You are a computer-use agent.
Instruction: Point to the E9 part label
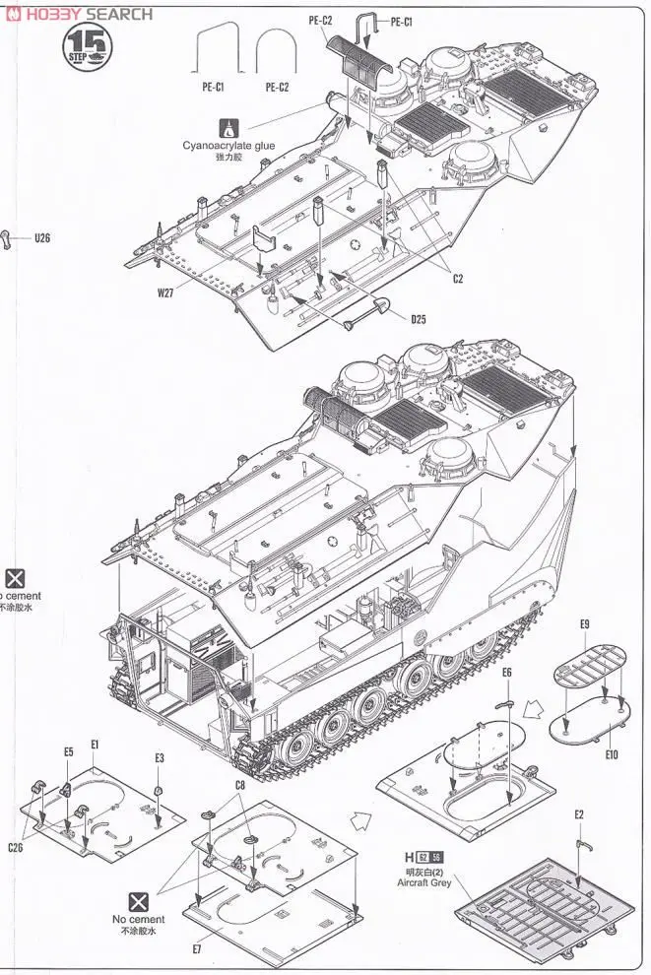click(584, 624)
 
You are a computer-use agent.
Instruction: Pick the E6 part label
click(507, 672)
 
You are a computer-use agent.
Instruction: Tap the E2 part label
click(579, 813)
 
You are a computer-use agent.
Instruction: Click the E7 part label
click(197, 948)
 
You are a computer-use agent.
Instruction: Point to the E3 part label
click(160, 757)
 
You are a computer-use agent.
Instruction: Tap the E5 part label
click(69, 751)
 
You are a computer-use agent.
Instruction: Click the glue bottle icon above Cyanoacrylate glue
click(229, 128)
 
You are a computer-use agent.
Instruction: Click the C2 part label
click(458, 279)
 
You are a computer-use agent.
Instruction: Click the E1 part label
click(95, 745)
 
